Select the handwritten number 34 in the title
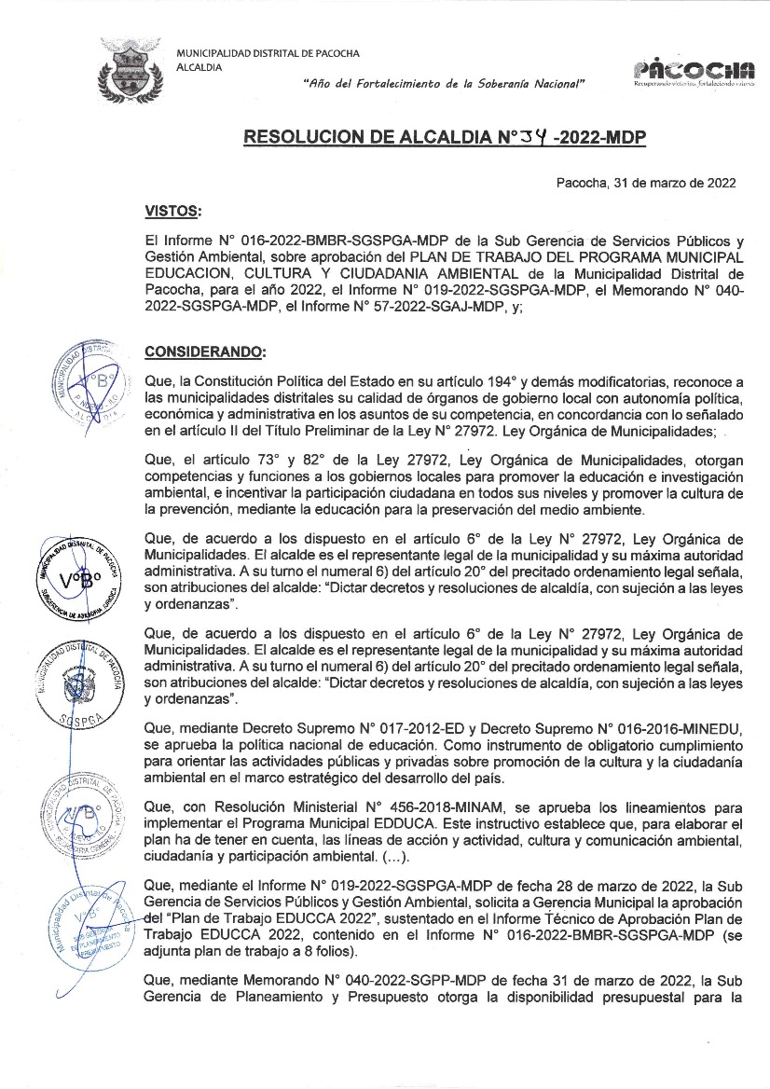point(532,139)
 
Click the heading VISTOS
point(172,213)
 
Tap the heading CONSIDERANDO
point(205,352)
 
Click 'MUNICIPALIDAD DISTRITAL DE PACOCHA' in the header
point(268,53)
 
